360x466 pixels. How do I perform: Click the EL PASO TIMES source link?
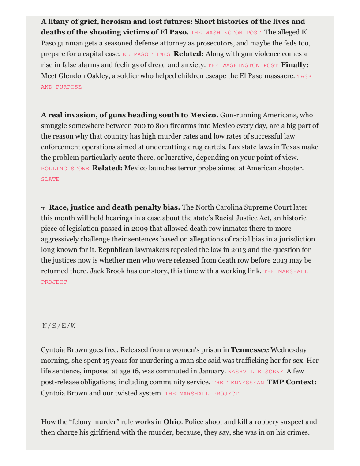146,54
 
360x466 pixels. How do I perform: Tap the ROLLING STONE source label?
65,169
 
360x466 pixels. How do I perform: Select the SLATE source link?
50,180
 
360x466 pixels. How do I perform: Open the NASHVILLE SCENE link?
255,372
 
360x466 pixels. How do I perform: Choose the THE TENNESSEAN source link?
238,383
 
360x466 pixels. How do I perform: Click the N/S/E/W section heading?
59,326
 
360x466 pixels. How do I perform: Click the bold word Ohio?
172,422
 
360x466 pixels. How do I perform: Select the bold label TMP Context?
292,382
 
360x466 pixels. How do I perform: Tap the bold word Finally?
295,65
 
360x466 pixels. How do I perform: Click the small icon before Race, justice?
44,208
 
